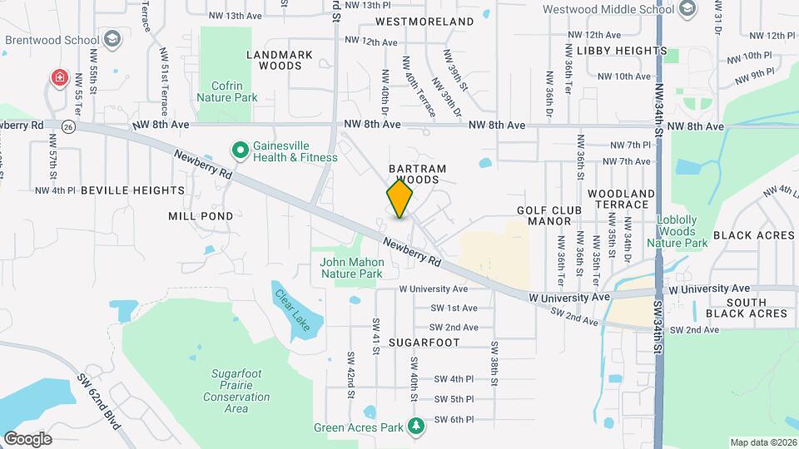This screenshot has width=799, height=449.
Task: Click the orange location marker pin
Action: click(399, 198)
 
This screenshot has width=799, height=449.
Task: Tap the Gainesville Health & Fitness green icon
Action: click(240, 150)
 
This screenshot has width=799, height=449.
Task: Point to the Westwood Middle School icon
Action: click(687, 10)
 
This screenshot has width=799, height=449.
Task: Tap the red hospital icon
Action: click(60, 79)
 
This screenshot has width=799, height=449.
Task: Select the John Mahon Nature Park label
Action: click(351, 268)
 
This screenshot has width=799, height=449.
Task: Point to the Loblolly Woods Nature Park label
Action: click(682, 232)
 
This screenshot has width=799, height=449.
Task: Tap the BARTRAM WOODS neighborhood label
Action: click(418, 174)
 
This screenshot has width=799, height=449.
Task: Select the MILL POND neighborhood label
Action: click(201, 215)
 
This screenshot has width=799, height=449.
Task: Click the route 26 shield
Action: click(68, 126)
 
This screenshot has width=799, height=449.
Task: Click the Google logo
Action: click(27, 438)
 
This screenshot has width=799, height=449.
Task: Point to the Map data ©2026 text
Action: click(762, 442)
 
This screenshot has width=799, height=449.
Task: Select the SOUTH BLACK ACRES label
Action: click(746, 308)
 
